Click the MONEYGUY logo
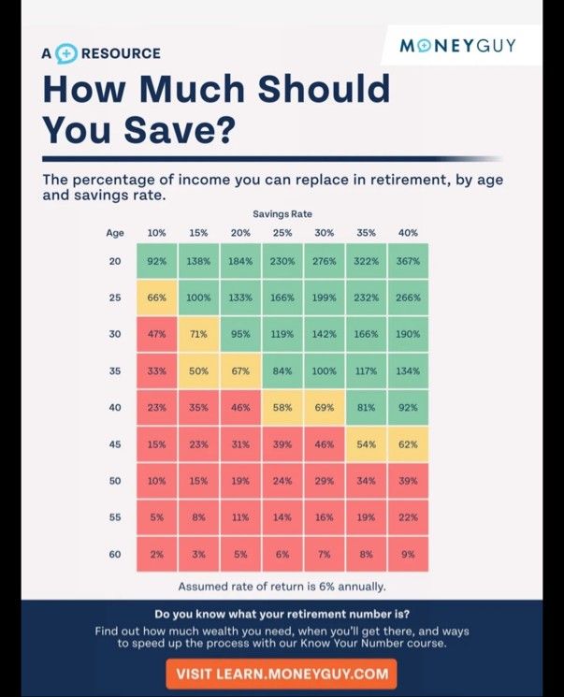click(x=457, y=45)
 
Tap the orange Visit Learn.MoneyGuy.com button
click(x=282, y=674)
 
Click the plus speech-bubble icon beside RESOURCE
click(x=66, y=53)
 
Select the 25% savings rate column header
click(x=282, y=233)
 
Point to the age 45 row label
click(x=115, y=444)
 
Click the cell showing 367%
click(x=408, y=261)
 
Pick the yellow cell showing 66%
click(x=156, y=298)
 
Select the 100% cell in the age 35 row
click(x=324, y=370)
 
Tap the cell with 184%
click(x=240, y=261)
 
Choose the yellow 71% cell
click(x=198, y=334)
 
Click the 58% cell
click(x=282, y=407)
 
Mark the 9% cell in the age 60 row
click(x=408, y=554)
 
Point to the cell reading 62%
click(x=408, y=444)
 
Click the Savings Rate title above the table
click(x=282, y=214)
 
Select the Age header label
click(x=115, y=233)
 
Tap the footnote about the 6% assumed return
click(x=282, y=587)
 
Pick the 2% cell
click(x=156, y=554)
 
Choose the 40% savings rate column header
click(x=408, y=233)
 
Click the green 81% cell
click(x=366, y=407)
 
